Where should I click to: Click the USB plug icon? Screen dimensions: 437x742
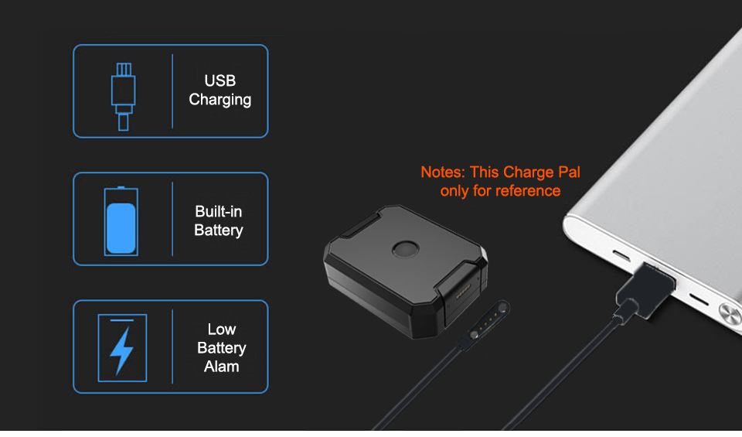123,91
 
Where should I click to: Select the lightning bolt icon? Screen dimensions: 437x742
121,349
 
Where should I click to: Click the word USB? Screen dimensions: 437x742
220,81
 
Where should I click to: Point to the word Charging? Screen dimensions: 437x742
220,100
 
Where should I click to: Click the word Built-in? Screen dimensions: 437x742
219,212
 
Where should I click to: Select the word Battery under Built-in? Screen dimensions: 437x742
219,230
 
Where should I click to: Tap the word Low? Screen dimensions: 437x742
222,330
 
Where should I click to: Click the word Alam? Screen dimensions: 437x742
222,367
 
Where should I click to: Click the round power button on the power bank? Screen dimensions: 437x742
729,312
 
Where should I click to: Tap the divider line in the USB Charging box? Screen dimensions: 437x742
172,91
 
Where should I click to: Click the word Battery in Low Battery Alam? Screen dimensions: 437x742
222,349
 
